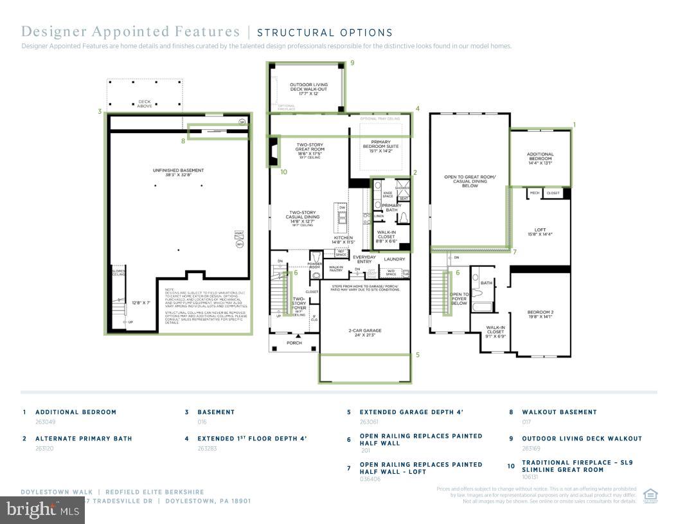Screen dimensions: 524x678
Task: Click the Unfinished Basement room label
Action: pos(178,172)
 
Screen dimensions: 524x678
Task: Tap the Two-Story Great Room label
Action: pos(309,149)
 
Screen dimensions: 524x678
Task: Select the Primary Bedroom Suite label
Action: pos(380,146)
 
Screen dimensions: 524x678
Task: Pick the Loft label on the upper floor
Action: pos(540,231)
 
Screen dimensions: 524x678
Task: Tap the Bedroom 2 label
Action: pos(540,314)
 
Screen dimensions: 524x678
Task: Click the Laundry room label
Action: pos(395,259)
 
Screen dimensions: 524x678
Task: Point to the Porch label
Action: pos(294,343)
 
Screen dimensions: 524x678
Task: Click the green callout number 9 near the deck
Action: pos(352,63)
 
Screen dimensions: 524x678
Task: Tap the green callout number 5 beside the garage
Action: pos(417,354)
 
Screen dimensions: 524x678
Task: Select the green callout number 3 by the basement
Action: pos(100,111)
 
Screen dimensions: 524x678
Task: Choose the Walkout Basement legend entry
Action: pos(559,412)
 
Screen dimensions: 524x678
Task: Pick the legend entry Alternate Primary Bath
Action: pos(84,438)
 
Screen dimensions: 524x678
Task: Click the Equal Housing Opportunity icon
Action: pos(650,494)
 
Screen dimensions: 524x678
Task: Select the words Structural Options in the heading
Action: pos(325,33)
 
